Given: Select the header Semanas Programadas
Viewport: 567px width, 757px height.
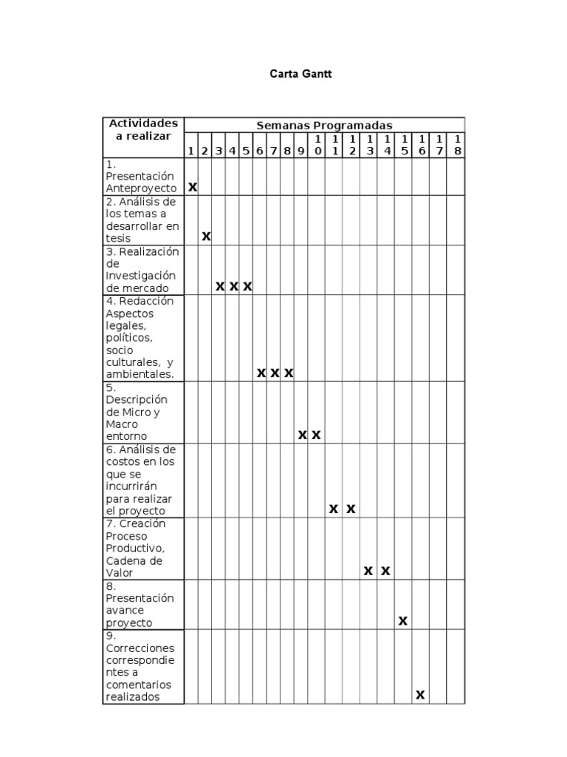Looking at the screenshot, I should (x=324, y=125).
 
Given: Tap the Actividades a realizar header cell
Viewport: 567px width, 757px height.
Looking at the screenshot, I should (x=143, y=129).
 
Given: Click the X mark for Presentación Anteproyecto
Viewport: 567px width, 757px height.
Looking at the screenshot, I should (x=193, y=188).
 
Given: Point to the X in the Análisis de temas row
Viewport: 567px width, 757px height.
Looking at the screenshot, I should (x=207, y=237).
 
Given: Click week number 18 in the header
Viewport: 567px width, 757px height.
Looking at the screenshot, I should (x=458, y=145).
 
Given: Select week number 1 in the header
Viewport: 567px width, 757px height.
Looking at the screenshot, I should (x=190, y=151).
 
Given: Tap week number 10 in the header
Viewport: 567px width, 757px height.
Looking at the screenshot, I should (x=317, y=145).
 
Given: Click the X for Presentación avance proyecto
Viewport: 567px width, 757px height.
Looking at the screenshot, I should (x=402, y=621).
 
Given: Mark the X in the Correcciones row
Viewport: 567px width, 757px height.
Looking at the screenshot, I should (x=420, y=695).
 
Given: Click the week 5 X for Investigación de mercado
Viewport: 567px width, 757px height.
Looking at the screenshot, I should (x=247, y=286).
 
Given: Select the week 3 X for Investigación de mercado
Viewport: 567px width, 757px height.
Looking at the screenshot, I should (x=220, y=286).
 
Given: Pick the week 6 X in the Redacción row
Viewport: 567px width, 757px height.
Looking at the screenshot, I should (x=261, y=373).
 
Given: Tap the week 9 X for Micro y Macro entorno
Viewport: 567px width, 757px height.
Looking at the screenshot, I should (x=303, y=435).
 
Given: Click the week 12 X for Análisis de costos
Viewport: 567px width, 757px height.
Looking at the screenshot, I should (x=351, y=509).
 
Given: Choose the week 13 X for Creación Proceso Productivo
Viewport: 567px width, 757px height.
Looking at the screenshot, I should (x=368, y=571).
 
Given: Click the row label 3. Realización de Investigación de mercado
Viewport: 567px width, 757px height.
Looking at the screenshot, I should (x=142, y=270).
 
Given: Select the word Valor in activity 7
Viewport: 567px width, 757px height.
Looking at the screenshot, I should (x=120, y=573).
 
